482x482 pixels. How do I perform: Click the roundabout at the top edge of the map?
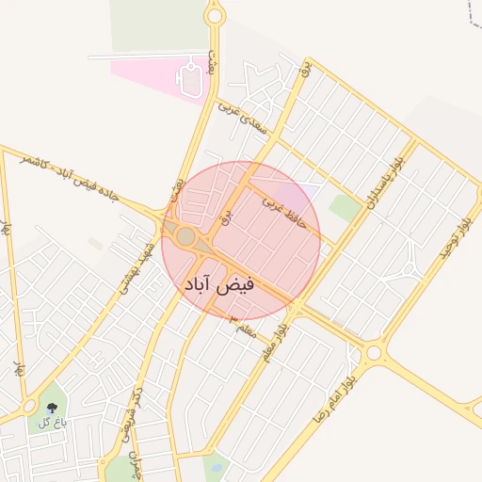click(215, 15)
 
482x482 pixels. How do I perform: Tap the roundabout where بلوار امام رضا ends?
click(375, 353)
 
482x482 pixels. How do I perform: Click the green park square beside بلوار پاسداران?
click(345, 208)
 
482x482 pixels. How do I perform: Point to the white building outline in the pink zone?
click(191, 76)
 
